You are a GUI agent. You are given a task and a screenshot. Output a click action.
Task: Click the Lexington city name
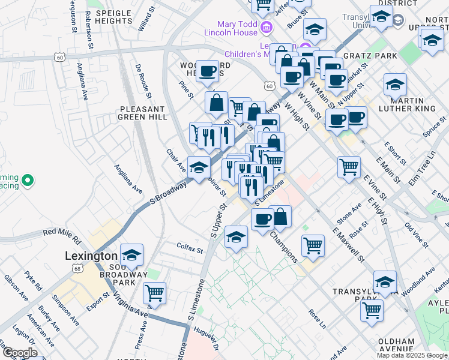point(91,256)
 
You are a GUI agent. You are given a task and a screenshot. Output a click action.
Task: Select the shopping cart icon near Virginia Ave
point(155,293)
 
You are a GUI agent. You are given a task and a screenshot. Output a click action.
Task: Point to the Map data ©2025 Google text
point(412,355)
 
